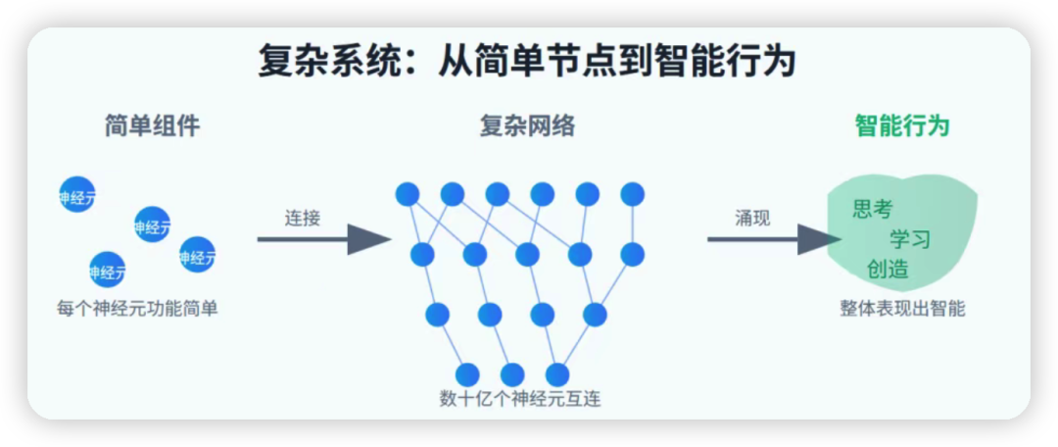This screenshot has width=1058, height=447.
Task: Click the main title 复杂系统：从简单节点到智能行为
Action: [x=527, y=62]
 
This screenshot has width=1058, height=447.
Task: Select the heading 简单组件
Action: [x=152, y=126]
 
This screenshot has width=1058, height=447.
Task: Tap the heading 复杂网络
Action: [x=527, y=126]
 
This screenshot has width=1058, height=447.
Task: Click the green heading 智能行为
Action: [x=902, y=126]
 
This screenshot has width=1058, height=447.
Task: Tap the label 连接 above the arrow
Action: [x=303, y=218]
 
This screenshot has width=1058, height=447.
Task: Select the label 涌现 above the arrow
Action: [x=752, y=218]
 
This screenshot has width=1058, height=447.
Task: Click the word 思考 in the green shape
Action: [x=873, y=209]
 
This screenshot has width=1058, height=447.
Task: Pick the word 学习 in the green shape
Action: [x=910, y=239]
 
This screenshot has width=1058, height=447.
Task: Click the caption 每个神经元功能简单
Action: [x=137, y=308]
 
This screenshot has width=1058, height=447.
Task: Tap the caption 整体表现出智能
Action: [x=902, y=308]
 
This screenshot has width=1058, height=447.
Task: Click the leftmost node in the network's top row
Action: [x=408, y=194]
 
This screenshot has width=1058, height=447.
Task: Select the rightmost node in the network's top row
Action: [x=633, y=194]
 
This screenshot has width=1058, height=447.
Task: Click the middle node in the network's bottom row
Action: [x=512, y=374]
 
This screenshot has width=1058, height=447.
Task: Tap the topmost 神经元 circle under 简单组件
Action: [x=77, y=194]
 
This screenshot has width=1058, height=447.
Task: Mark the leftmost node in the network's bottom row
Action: [x=467, y=374]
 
